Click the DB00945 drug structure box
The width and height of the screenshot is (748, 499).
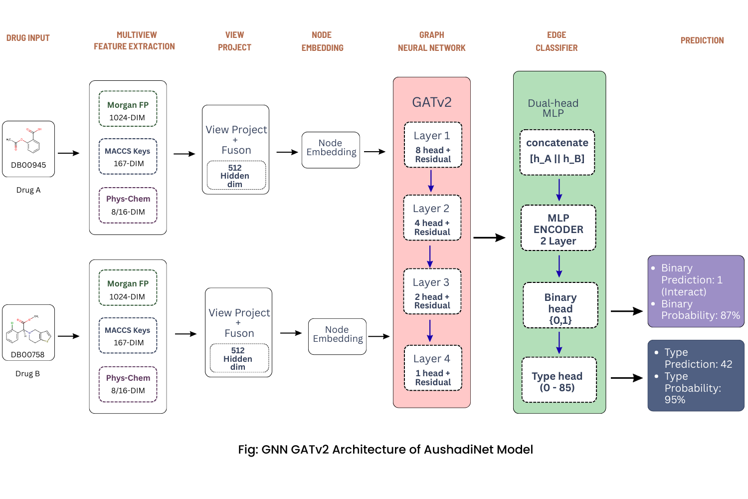(28, 149)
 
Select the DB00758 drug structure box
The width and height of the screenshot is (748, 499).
(28, 332)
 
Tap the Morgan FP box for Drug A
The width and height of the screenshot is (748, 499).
(128, 109)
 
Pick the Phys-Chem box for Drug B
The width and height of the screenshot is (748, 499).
(128, 384)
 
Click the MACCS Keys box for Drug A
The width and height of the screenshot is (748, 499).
(128, 157)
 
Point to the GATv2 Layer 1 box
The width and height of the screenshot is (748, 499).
(433, 145)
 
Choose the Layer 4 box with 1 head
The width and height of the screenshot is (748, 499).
(433, 368)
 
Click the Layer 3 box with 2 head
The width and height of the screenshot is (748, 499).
(432, 291)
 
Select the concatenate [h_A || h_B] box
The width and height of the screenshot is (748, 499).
(557, 152)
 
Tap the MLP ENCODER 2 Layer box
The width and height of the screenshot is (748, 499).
(558, 228)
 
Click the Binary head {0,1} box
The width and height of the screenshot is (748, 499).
(560, 305)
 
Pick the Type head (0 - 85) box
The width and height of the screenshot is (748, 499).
(559, 380)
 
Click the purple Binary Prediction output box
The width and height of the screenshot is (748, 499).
(696, 291)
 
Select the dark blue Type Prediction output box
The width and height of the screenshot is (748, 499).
(696, 376)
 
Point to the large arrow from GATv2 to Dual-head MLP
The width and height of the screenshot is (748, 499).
(489, 238)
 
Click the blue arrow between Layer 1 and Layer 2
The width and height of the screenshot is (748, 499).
(431, 181)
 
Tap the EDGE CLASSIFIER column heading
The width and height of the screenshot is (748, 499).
(557, 41)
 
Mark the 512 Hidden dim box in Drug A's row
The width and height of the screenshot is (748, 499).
(236, 175)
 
